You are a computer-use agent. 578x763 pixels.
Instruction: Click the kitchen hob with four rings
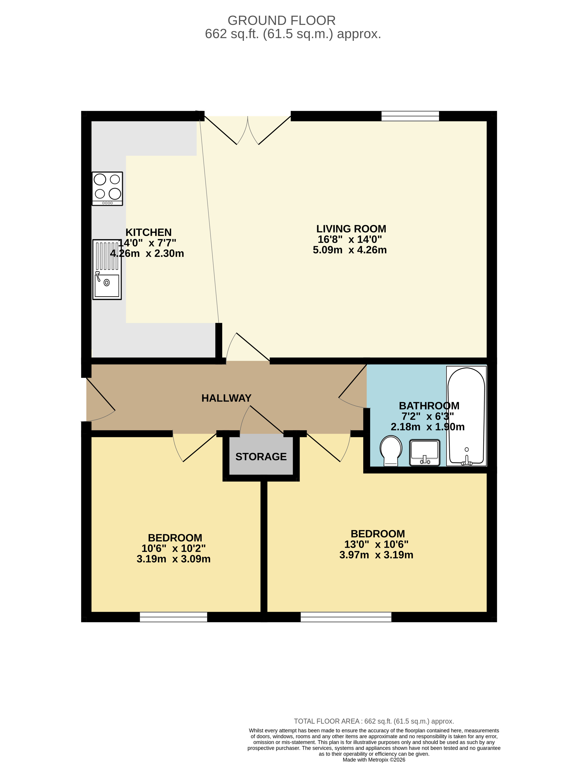[107, 189]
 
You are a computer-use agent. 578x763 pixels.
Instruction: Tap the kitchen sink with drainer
[107, 269]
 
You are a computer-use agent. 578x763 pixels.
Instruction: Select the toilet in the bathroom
[391, 451]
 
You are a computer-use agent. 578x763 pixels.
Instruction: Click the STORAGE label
[261, 457]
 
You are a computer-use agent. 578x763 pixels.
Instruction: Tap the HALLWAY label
[226, 398]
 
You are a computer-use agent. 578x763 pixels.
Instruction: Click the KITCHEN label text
[148, 232]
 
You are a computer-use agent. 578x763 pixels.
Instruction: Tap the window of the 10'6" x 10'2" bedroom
[173, 617]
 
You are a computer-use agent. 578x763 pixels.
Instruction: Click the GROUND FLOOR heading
[282, 21]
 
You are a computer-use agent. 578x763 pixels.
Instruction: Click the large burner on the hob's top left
[100, 179]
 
